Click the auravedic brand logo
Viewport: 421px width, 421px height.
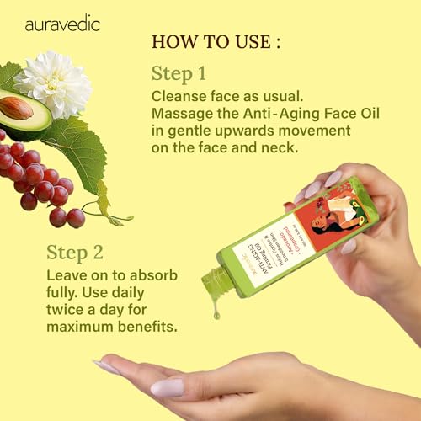61,24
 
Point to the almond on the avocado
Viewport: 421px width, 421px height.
17,107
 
